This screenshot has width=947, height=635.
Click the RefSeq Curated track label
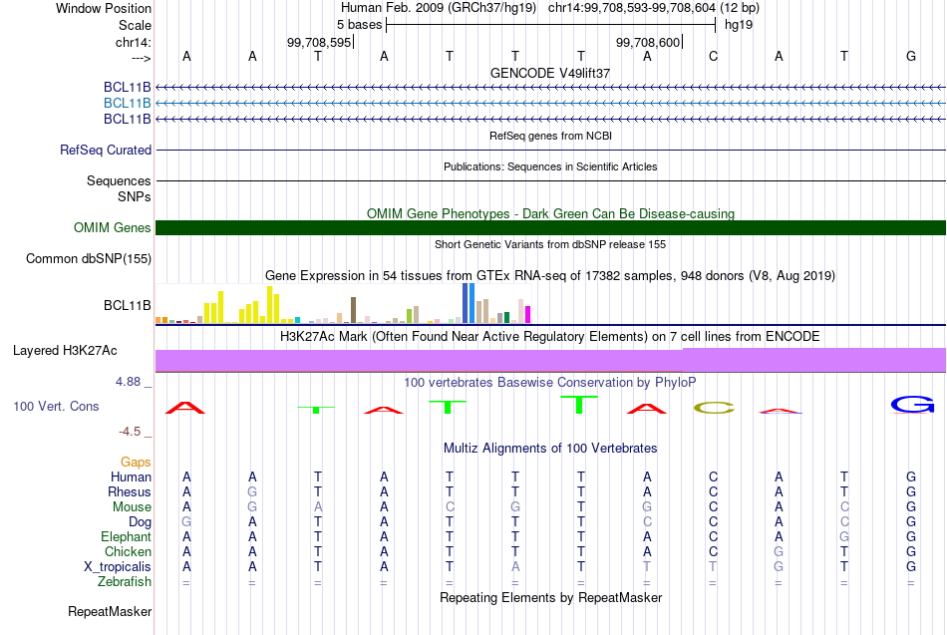[106, 151]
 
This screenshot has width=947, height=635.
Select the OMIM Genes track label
[113, 228]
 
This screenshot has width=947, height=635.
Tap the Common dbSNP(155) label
[89, 259]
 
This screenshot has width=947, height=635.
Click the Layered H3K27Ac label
[65, 351]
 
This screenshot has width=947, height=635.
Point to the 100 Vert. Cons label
[57, 407]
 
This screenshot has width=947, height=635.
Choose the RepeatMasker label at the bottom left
[110, 611]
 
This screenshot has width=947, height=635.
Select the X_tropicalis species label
[118, 567]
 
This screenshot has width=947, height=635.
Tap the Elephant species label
[125, 537]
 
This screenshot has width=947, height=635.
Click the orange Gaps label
[136, 463]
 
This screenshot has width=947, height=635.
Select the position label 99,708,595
[319, 42]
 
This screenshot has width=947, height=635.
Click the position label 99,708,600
[649, 42]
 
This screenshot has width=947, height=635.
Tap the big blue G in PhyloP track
[911, 404]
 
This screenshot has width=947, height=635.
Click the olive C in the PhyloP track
[713, 407]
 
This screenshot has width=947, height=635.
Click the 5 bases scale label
[359, 23]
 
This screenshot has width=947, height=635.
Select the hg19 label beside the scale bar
[738, 23]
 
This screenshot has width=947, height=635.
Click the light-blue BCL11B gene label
[128, 104]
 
